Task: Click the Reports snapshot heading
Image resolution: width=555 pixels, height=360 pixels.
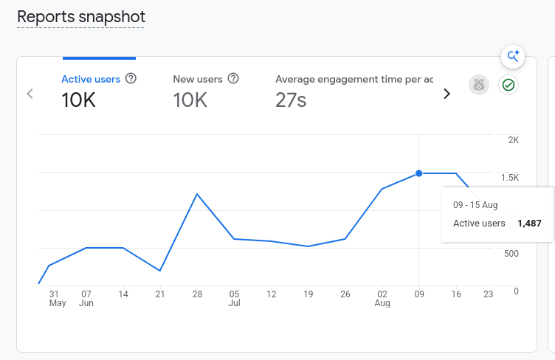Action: point(81,17)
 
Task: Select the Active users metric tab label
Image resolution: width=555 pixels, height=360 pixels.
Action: point(91,79)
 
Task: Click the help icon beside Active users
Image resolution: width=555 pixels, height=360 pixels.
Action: point(131,78)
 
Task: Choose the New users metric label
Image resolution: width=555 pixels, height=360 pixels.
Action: point(198,79)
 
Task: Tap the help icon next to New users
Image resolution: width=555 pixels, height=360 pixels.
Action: point(233,78)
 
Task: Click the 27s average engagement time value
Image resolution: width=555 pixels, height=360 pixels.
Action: point(291,100)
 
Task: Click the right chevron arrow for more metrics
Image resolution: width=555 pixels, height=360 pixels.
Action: point(447,94)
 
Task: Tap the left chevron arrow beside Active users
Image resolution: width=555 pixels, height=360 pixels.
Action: point(30,94)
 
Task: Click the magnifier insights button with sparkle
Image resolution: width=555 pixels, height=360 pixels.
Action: point(513,57)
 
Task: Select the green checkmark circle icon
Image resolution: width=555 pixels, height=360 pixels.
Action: point(509,86)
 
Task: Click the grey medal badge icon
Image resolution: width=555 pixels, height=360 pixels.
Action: point(479,86)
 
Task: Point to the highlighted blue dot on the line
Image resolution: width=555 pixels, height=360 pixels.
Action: point(419,173)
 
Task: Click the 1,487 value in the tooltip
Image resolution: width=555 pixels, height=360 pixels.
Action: point(529,224)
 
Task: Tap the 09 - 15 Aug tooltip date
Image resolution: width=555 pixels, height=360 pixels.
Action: point(475,205)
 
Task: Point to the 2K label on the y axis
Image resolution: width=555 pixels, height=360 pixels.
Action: point(514,140)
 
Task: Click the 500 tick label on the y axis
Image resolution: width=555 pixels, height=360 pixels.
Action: point(511,254)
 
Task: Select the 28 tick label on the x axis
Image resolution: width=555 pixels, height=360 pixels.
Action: point(197,294)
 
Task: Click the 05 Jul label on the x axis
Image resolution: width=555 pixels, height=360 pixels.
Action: point(234,299)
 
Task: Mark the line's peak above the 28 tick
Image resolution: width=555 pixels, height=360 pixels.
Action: point(197,194)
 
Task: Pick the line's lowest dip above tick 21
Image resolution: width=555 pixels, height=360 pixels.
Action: point(160,271)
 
